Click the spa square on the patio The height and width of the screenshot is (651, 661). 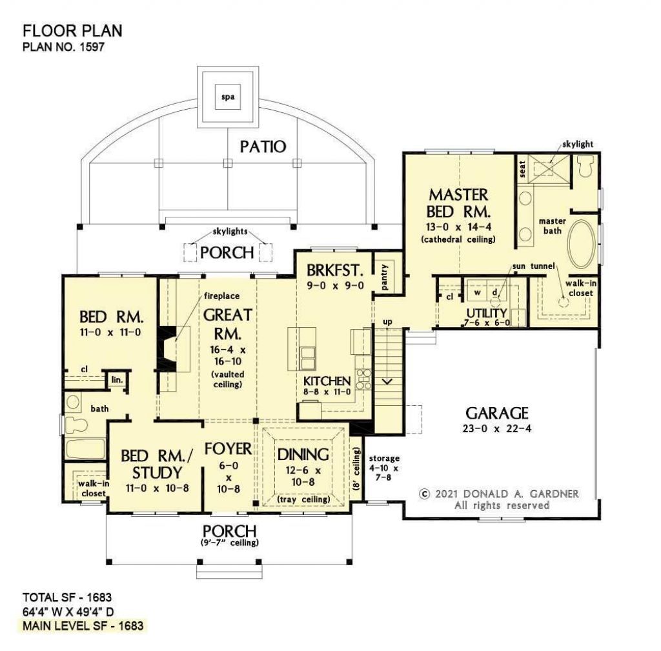(227, 98)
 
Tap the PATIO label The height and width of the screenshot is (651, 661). (263, 146)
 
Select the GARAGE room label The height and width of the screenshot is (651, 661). (497, 413)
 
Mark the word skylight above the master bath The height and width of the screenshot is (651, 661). (576, 144)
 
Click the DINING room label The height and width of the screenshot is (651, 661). (303, 455)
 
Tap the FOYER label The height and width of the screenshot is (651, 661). (228, 448)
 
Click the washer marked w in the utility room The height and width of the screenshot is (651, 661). (478, 292)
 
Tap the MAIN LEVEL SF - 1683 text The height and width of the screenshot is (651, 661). (83, 626)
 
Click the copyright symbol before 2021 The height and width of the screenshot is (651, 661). (424, 494)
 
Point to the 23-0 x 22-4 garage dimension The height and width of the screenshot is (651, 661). (497, 429)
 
